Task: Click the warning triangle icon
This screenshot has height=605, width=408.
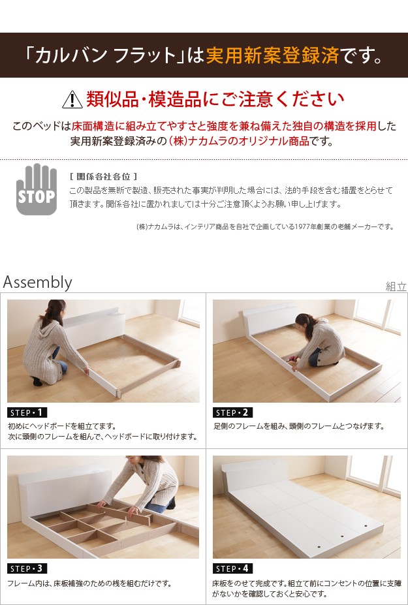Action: (x=72, y=101)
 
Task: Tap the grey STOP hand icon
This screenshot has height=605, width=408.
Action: (x=37, y=189)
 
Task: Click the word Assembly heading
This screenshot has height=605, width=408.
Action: (x=37, y=283)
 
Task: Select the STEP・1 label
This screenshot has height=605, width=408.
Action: (x=27, y=412)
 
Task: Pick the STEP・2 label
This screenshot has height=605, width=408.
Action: (x=232, y=412)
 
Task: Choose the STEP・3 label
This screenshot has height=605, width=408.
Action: (x=27, y=568)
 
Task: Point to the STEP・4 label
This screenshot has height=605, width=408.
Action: (x=232, y=568)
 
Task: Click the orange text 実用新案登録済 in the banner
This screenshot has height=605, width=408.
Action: (x=272, y=55)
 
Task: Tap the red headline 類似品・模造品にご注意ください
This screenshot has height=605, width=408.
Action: (x=215, y=99)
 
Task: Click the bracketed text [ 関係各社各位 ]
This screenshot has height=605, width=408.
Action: (x=103, y=177)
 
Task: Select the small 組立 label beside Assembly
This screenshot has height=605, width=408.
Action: (x=396, y=287)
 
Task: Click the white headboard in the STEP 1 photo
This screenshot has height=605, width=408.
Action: (x=95, y=324)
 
